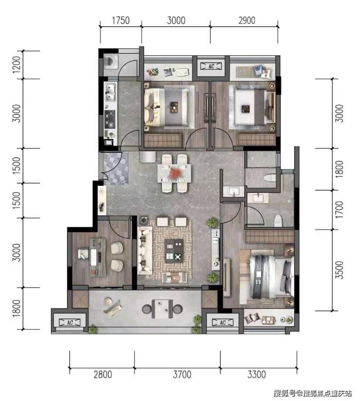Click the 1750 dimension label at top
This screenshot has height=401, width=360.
121,20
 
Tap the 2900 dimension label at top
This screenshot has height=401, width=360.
247,20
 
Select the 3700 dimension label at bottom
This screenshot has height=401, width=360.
182,374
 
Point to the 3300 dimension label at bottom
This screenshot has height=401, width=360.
257,374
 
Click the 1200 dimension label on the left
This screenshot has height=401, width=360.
17,64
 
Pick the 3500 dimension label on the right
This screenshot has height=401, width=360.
339,270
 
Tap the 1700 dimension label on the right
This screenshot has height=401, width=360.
339,210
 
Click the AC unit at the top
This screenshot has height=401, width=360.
211,66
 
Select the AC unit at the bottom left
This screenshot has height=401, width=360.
70,323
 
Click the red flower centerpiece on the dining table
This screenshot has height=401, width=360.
175,173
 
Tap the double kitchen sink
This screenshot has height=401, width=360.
110,92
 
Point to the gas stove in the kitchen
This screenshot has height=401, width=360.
110,119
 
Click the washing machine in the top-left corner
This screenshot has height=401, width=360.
110,62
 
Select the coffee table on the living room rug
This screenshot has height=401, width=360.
174,251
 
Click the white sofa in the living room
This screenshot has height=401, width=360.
144,250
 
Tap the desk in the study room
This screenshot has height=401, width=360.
97,257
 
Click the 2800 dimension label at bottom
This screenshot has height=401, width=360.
103,374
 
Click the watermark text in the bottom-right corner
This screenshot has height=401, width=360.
312,393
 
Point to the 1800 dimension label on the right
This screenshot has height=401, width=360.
339,169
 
